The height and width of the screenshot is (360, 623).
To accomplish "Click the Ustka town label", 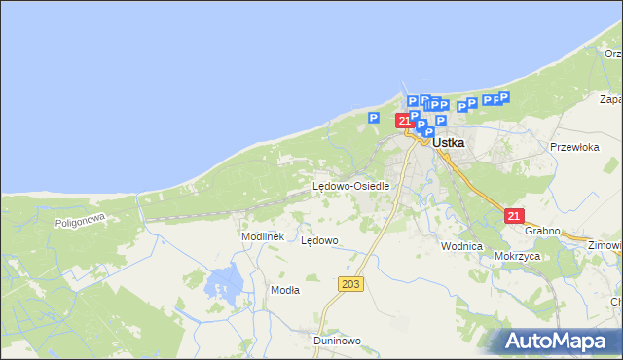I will (x=449, y=142).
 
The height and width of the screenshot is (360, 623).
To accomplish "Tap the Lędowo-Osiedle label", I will (x=351, y=186).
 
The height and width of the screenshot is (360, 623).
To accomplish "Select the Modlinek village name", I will (x=262, y=236).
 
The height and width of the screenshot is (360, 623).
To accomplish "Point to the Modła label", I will (x=285, y=290).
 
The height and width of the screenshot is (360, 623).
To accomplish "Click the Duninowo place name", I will (x=338, y=342).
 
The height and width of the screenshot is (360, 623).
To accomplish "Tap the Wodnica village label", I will (x=461, y=246).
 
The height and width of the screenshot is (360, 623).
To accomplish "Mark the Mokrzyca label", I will (x=517, y=256).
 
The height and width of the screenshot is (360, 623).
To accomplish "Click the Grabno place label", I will (x=542, y=231).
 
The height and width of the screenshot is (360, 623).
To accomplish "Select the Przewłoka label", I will (x=573, y=147).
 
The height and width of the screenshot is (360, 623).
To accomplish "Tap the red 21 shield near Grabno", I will (x=516, y=216).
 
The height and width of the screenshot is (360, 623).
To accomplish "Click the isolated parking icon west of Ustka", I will (x=373, y=118).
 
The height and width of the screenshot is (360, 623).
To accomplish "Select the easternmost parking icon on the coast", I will (x=503, y=97).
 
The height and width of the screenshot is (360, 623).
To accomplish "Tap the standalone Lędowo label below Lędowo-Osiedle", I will (x=319, y=240).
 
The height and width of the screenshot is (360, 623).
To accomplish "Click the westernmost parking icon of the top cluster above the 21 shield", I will (x=412, y=100).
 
